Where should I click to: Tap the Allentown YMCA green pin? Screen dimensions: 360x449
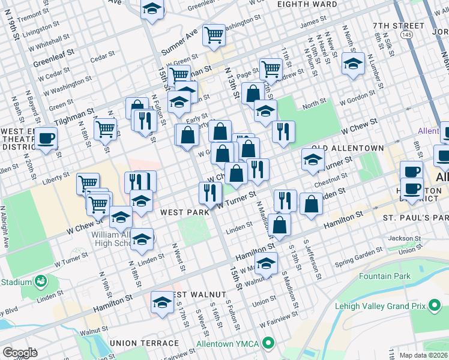coord(268,344)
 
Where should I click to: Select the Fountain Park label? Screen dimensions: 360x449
coord(384,276)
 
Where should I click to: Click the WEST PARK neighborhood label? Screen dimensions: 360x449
coord(184,212)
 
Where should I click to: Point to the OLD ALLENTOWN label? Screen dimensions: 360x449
coord(347,148)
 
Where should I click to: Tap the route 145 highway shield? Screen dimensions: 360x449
coord(407,35)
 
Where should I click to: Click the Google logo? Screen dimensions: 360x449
coord(20,352)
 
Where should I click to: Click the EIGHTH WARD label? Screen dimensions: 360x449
coord(307,4)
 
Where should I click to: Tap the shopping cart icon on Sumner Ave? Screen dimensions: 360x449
coord(214,36)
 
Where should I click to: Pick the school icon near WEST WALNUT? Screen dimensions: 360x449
coord(162,302)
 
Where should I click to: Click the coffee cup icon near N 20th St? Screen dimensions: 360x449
coord(46,139)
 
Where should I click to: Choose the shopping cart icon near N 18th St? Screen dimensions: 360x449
coord(106,128)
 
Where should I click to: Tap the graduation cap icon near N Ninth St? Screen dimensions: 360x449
coord(353,64)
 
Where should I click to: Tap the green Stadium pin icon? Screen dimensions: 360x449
coord(41,281)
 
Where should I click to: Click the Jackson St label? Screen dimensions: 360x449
coord(402,238)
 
